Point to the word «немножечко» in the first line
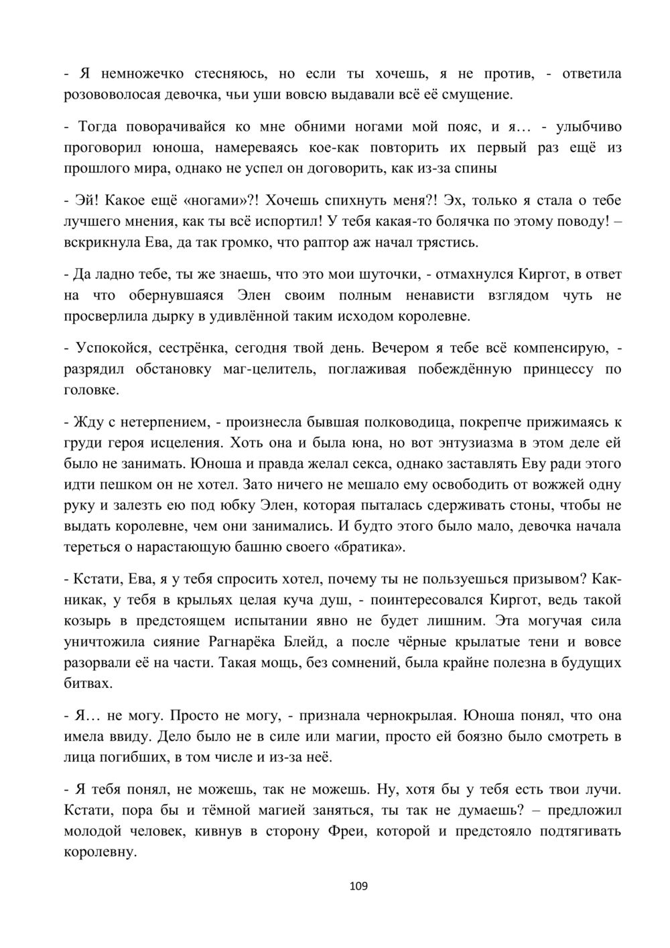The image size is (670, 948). point(128,73)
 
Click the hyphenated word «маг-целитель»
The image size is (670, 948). point(268,369)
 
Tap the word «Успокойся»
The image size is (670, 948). point(109,348)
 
